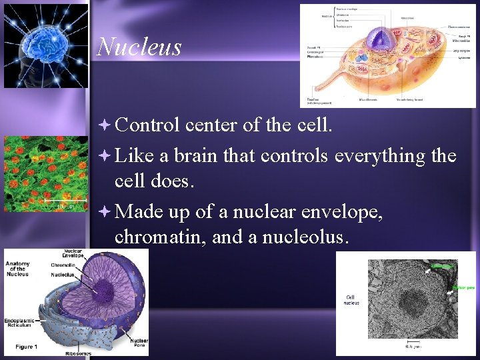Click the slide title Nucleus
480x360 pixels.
point(139,47)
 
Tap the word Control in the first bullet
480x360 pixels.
point(147,125)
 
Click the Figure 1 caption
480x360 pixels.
point(26,347)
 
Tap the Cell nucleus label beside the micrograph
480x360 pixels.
point(351,300)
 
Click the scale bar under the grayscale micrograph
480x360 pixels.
point(414,341)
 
